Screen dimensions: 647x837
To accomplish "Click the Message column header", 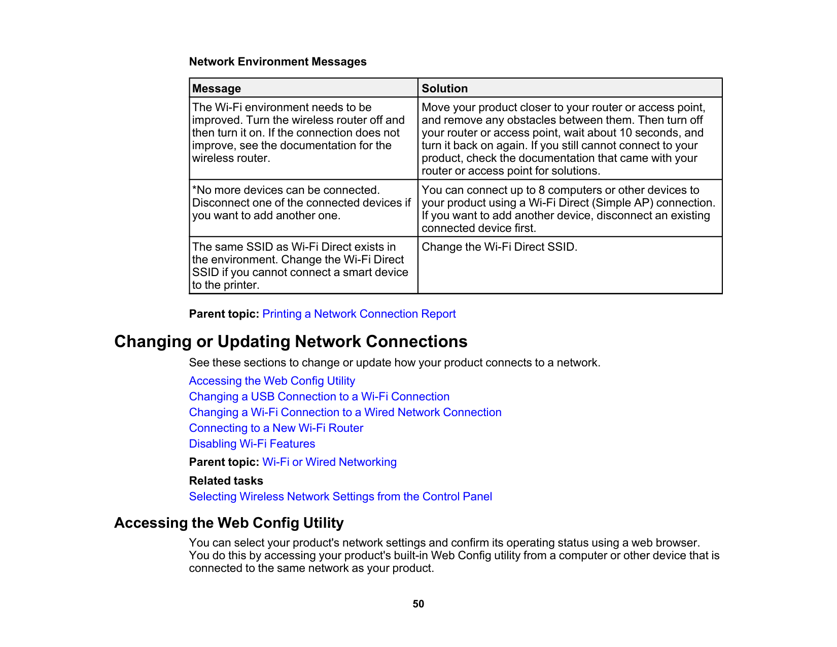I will point(217,88).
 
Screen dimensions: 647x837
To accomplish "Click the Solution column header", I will point(444,88).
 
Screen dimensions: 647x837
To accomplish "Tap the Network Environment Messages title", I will point(277,62).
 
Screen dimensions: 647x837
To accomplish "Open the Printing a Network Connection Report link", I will point(359,314).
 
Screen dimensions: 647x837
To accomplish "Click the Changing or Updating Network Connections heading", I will point(291,342).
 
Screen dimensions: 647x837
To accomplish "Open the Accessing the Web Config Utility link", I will point(272,381).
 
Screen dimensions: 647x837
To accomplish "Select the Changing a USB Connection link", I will point(319,397).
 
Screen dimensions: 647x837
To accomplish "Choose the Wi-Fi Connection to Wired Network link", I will point(345,413).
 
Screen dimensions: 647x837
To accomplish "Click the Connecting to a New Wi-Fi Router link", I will point(276,428).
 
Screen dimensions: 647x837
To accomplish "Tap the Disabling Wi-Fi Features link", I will point(252,444).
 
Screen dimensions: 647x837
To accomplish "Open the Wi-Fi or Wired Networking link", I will point(329,462).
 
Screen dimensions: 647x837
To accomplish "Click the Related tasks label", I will point(226,481).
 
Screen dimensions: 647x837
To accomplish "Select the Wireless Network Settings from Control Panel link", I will point(340,497).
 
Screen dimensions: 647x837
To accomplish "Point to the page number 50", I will point(418,604).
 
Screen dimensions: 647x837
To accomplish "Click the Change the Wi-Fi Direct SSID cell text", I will point(499,247).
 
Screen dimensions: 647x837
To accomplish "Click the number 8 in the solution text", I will point(542,190).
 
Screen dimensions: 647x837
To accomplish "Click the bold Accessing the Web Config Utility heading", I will point(229,523).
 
